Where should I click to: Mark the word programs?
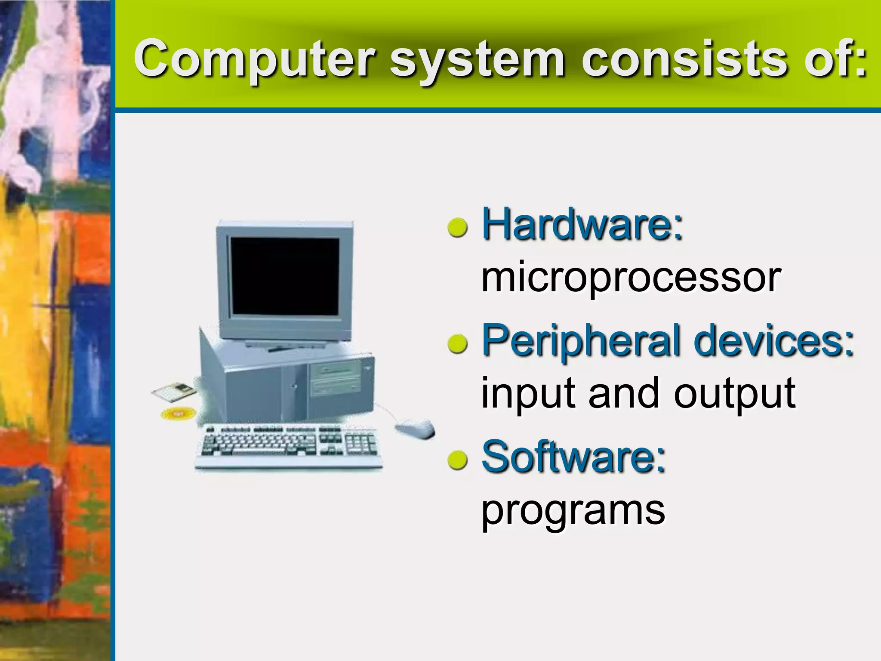tap(573, 511)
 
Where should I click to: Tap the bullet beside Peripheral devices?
tap(457, 343)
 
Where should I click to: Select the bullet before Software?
tap(457, 459)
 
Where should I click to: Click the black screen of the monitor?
tap(285, 275)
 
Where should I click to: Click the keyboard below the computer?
tap(289, 445)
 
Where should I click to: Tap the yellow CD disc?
tap(178, 414)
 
